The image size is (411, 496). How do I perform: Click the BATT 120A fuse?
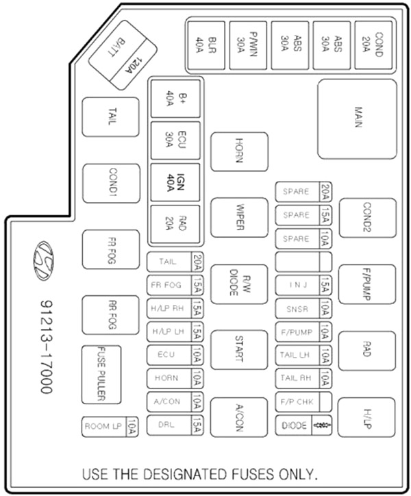(122, 55)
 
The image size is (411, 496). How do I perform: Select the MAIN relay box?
(357, 119)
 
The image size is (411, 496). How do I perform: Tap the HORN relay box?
(240, 152)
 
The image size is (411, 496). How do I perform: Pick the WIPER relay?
(240, 218)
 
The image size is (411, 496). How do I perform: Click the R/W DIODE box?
(239, 284)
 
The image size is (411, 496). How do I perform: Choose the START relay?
(239, 349)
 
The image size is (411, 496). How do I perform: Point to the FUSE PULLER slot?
(101, 375)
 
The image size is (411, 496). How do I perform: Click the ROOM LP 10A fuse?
(110, 427)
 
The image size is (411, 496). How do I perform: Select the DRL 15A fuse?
(175, 425)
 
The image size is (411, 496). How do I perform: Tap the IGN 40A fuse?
(175, 182)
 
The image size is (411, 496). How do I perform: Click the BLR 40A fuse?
(206, 45)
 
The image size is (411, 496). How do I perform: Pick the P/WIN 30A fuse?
(248, 45)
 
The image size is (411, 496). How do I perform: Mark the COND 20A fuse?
(373, 45)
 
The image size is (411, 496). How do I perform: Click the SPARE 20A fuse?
(303, 192)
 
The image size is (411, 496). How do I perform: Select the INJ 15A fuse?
(303, 285)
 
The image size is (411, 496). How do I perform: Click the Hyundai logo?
(43, 260)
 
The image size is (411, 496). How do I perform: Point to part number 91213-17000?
(47, 347)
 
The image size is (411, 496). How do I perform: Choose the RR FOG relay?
(110, 315)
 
